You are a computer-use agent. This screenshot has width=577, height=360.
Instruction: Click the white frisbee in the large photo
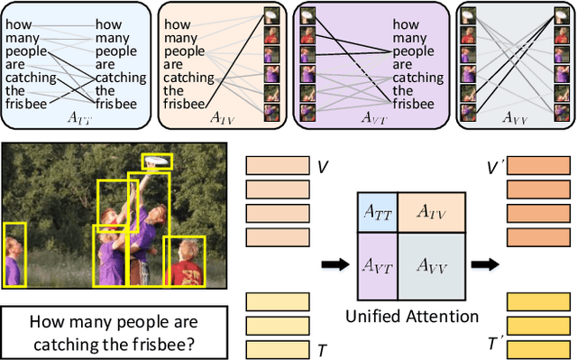157,162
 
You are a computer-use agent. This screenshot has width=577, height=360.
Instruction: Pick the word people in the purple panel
412,51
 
